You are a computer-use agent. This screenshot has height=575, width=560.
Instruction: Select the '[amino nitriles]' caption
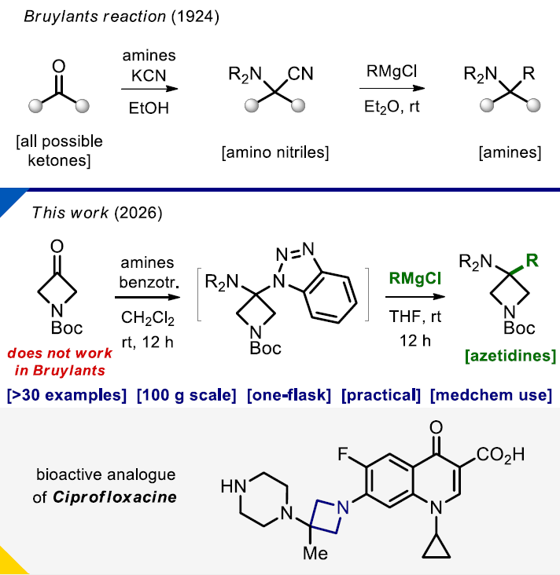click(x=274, y=151)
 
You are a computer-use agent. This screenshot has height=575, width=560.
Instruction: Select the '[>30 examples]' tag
click(x=67, y=394)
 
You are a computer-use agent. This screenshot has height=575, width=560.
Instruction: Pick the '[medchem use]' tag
click(x=491, y=394)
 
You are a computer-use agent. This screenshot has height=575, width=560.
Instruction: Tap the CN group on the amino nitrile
click(x=300, y=75)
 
